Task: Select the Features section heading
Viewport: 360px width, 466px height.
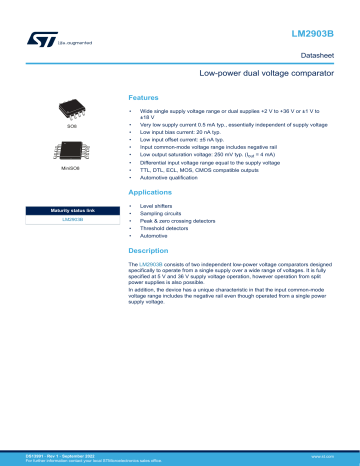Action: coord(144,97)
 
